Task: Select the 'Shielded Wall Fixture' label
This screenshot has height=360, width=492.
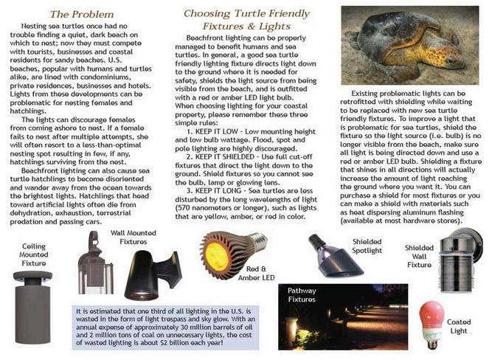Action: pyautogui.click(x=419, y=255)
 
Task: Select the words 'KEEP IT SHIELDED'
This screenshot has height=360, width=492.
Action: pyautogui.click(x=230, y=158)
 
